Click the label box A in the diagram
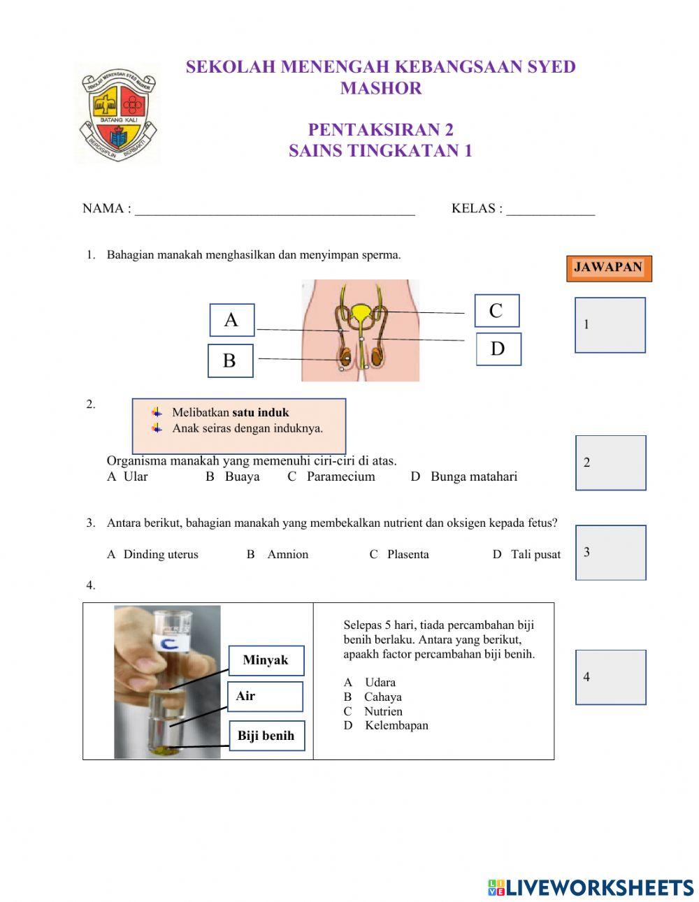point(232,320)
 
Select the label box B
point(230,361)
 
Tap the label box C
point(496,311)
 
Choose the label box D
point(498,349)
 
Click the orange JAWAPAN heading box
point(608,268)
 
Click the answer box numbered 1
point(610,325)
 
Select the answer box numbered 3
point(610,553)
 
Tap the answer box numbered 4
point(610,677)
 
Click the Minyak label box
point(266,660)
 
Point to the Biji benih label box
point(266,736)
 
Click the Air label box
point(265,697)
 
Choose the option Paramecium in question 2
point(340,477)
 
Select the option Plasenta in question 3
point(408,554)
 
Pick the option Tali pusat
point(535,554)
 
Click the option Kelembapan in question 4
point(396,725)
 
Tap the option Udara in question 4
point(380,682)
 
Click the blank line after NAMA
point(275,210)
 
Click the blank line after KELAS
point(550,210)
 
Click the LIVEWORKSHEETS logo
point(591,887)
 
